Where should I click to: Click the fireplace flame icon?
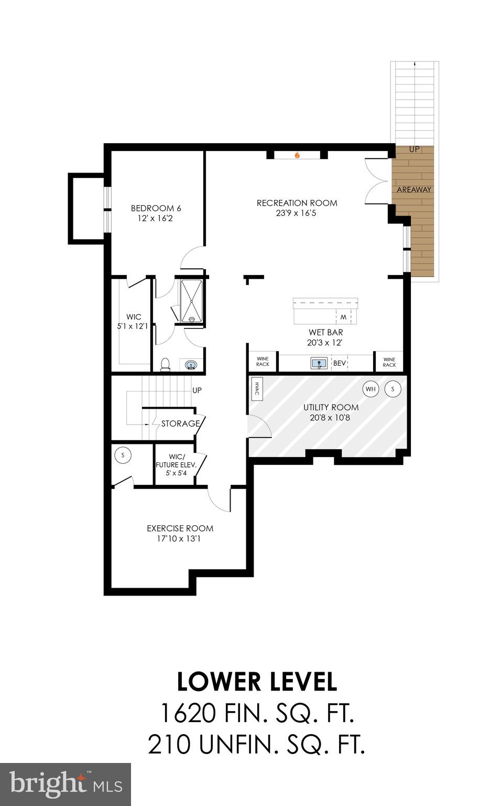(x=297, y=155)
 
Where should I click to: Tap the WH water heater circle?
(x=371, y=389)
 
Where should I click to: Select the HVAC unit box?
(x=257, y=389)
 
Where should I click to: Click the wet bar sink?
(x=319, y=363)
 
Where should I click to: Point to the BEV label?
(x=340, y=363)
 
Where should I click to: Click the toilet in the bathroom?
(x=165, y=364)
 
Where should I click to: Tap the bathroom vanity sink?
(x=191, y=365)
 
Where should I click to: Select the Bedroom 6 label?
(x=156, y=208)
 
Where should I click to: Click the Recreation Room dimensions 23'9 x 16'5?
(x=297, y=213)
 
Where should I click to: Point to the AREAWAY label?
(x=414, y=189)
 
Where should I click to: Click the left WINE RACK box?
(x=263, y=362)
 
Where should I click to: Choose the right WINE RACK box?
(x=389, y=362)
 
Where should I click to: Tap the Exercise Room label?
(x=180, y=528)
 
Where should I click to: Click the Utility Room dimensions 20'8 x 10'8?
(x=331, y=418)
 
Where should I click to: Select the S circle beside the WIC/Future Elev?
(x=123, y=455)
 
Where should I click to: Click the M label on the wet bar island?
(x=343, y=317)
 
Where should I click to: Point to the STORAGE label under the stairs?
(x=180, y=423)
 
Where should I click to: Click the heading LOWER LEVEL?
(x=257, y=682)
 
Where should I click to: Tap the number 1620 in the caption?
(x=187, y=713)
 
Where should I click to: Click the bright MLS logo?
(x=66, y=784)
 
